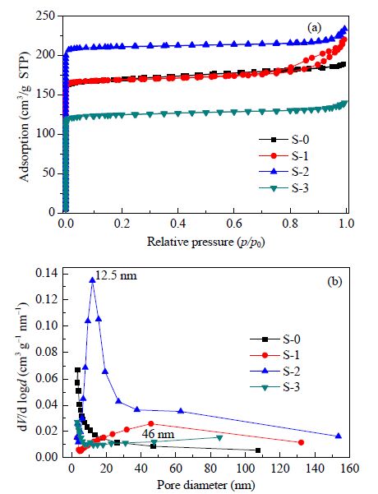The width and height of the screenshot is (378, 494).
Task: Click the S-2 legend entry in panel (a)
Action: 283,172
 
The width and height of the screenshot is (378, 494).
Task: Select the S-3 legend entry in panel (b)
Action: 275,387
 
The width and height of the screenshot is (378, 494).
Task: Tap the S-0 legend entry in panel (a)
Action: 283,139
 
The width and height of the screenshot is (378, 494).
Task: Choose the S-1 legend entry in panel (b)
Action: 275,355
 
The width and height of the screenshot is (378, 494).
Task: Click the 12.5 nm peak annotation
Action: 116,275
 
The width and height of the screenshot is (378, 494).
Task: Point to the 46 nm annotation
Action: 158,435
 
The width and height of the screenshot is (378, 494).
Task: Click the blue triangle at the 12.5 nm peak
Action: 92,279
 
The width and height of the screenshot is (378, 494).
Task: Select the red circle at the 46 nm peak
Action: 151,424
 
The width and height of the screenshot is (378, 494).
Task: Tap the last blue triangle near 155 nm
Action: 339,436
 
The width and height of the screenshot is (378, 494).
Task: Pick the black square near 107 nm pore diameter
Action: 258,450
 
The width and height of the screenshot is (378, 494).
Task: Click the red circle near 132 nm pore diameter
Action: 301,443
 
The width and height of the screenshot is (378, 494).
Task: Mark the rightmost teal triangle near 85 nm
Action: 219,438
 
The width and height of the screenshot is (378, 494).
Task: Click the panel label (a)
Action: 315,28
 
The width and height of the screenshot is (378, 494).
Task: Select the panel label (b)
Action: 334,282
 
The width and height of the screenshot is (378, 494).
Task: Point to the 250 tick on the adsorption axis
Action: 47,16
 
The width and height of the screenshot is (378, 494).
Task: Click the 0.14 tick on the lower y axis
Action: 47,273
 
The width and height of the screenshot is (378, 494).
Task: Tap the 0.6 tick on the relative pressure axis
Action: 233,224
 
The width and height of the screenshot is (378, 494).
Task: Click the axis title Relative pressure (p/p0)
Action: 206,242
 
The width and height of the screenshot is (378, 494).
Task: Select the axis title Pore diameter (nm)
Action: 206,485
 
